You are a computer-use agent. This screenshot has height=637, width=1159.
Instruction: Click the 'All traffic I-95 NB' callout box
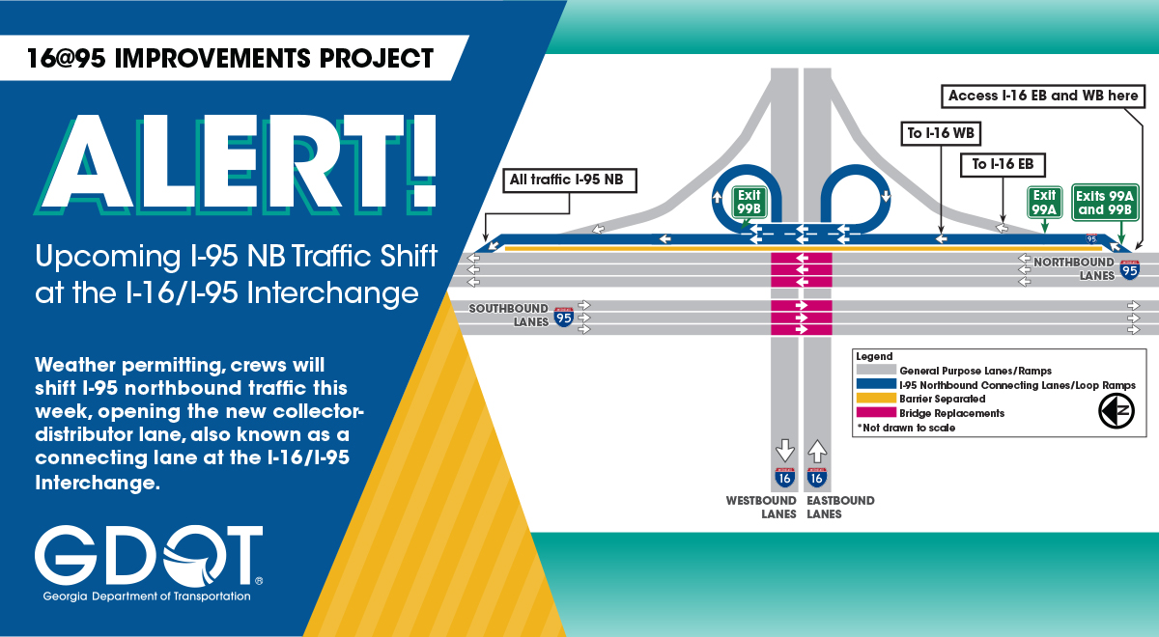tap(570, 180)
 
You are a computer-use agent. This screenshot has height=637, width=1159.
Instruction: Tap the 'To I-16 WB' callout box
tap(941, 134)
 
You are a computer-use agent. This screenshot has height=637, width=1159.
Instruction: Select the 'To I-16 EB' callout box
tap(1003, 165)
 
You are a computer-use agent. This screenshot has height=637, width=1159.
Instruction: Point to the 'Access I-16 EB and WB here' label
tap(1042, 97)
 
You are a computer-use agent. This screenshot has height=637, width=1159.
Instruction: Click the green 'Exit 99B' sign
tap(749, 202)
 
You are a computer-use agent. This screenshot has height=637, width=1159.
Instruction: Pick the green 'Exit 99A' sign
tap(1045, 202)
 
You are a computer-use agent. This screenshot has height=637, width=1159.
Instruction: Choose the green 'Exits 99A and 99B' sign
tap(1105, 203)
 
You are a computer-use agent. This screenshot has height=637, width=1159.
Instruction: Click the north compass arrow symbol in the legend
tap(1117, 411)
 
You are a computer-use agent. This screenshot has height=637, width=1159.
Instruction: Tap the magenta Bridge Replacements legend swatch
tap(876, 413)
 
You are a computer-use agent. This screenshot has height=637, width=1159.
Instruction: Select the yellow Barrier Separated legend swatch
tap(876, 398)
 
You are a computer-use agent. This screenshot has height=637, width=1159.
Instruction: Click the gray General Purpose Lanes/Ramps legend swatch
tap(876, 370)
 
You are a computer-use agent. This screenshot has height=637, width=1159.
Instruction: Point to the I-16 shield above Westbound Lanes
tap(785, 478)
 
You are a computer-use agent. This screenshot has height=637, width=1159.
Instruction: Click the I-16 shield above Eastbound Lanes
tap(817, 478)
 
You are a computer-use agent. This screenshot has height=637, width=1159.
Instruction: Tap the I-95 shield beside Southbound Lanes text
tap(564, 317)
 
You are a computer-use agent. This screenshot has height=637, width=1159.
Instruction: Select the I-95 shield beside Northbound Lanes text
tap(1129, 270)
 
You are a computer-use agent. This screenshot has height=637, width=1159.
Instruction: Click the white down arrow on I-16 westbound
tap(785, 451)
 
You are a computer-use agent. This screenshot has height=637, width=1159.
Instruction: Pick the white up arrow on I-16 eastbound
tap(817, 451)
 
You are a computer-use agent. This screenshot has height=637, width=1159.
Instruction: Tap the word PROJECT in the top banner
tap(376, 59)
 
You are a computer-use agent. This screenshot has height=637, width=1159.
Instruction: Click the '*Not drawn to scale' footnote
tap(906, 428)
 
